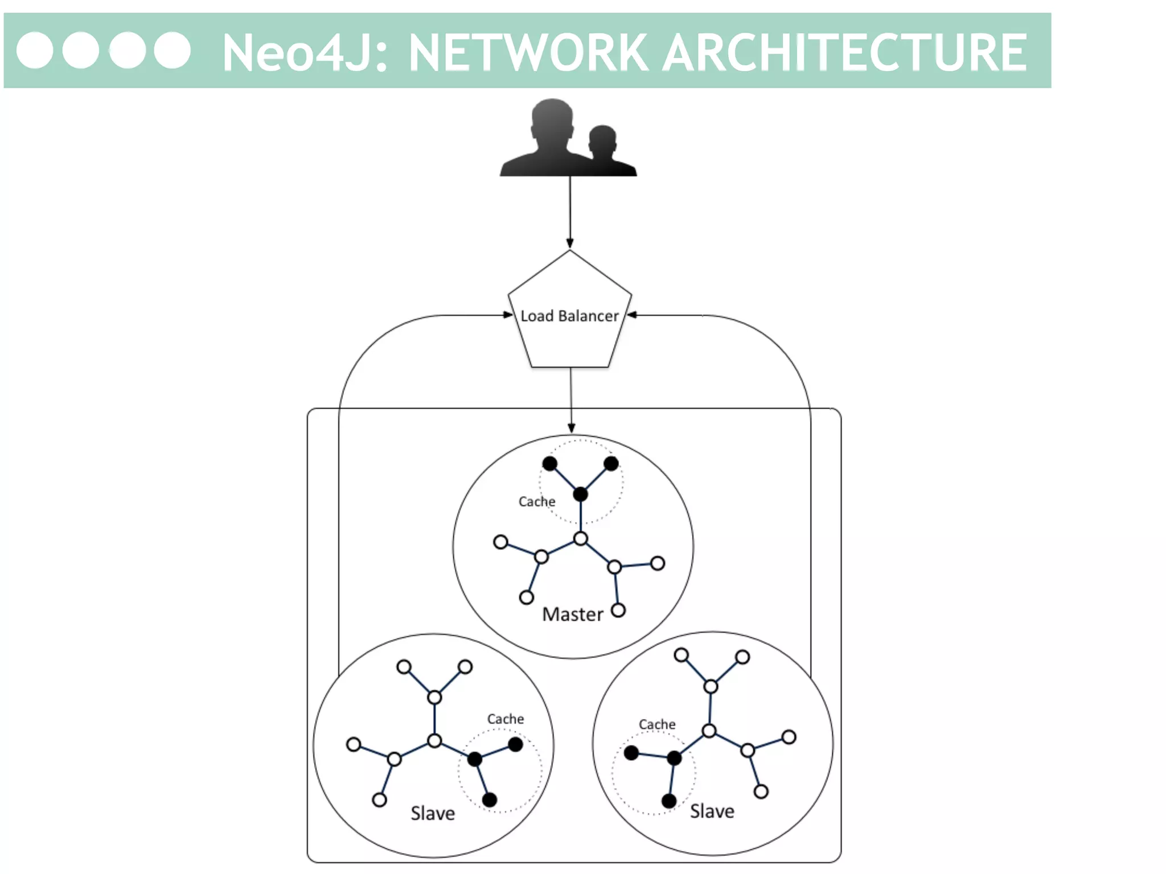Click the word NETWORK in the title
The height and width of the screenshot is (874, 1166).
pyautogui.click(x=528, y=52)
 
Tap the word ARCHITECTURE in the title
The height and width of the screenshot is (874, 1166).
pyautogui.click(x=845, y=52)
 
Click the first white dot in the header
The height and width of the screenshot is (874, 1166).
pyautogui.click(x=35, y=50)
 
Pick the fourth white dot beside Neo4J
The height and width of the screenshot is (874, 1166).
pyautogui.click(x=173, y=50)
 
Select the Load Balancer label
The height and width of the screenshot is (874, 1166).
pyautogui.click(x=569, y=316)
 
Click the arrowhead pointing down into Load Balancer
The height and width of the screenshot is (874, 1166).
pyautogui.click(x=570, y=244)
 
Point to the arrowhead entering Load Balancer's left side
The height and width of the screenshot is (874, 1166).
pyautogui.click(x=508, y=315)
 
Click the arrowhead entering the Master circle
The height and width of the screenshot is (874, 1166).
pyautogui.click(x=572, y=428)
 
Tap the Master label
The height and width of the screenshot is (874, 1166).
pyautogui.click(x=572, y=615)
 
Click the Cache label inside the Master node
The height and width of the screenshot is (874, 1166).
pyautogui.click(x=536, y=501)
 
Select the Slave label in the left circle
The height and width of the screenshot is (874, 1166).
pyautogui.click(x=433, y=813)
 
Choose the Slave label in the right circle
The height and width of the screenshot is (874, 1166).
pyautogui.click(x=712, y=811)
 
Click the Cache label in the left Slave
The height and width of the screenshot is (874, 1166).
pyautogui.click(x=505, y=719)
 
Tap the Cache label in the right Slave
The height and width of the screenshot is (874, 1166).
pyautogui.click(x=657, y=724)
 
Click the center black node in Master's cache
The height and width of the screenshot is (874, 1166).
pyautogui.click(x=580, y=494)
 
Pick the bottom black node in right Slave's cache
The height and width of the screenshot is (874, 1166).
pyautogui.click(x=669, y=801)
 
